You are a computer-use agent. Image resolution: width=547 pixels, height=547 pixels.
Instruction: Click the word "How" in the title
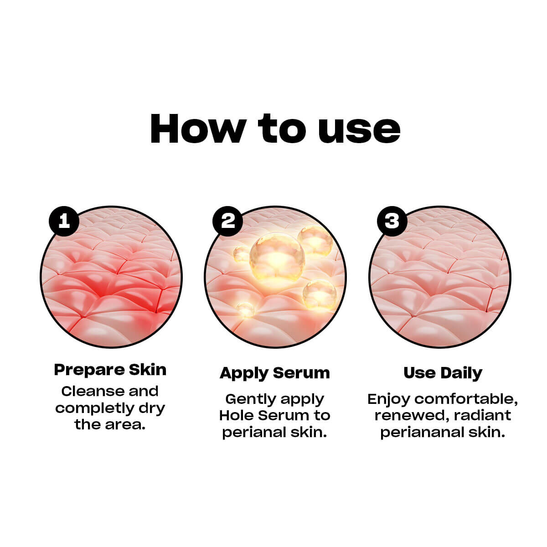(x=198, y=129)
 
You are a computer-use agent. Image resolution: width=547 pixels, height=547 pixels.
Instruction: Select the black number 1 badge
(x=64, y=221)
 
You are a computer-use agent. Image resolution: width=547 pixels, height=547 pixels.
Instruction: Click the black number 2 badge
(x=227, y=221)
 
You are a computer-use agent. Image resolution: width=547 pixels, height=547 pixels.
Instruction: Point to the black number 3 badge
(x=392, y=221)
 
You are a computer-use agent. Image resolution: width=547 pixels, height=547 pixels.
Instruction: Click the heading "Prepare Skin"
(x=110, y=370)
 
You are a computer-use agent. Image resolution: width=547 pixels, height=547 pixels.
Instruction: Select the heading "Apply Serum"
(x=274, y=373)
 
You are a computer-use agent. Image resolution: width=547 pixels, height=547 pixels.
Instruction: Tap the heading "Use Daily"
(x=443, y=373)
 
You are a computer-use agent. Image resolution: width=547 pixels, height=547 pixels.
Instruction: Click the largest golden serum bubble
(x=277, y=258)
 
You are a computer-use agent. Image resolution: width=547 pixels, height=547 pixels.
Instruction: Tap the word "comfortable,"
(x=466, y=399)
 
